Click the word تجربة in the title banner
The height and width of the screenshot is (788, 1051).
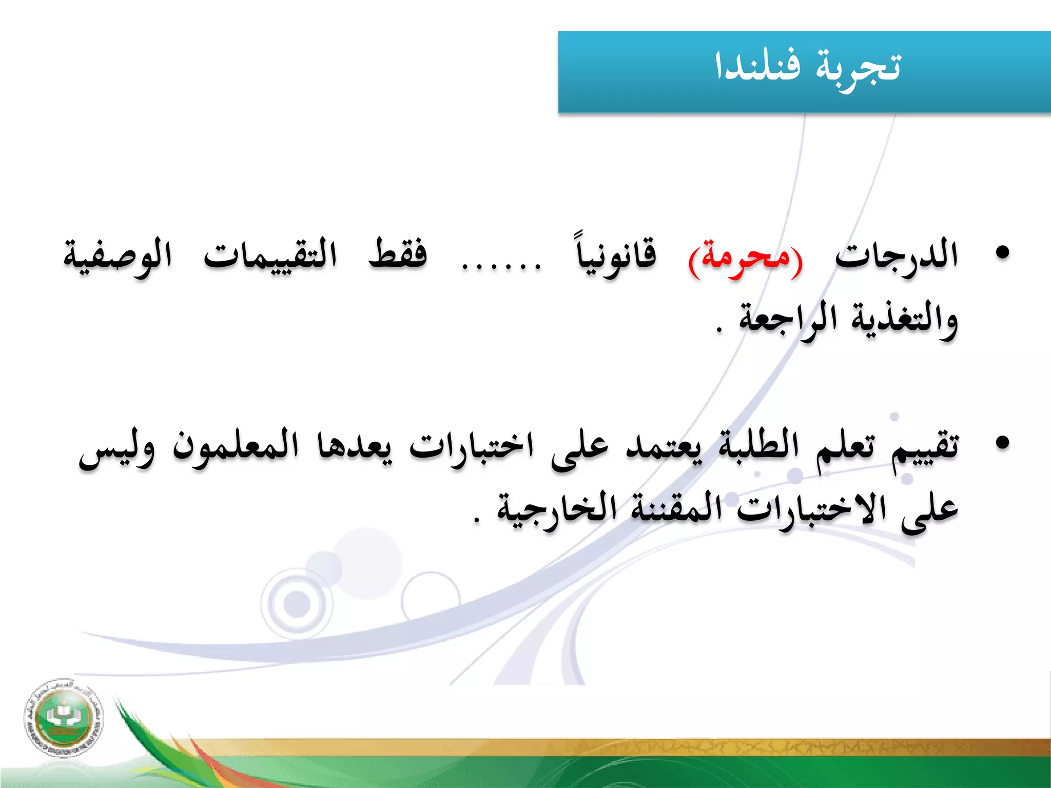[858, 69]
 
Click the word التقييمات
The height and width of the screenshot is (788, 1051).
[270, 255]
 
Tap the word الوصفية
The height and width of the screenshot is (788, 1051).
[118, 257]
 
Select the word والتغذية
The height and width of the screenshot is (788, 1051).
[905, 320]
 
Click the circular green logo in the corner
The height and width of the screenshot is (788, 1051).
[63, 717]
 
